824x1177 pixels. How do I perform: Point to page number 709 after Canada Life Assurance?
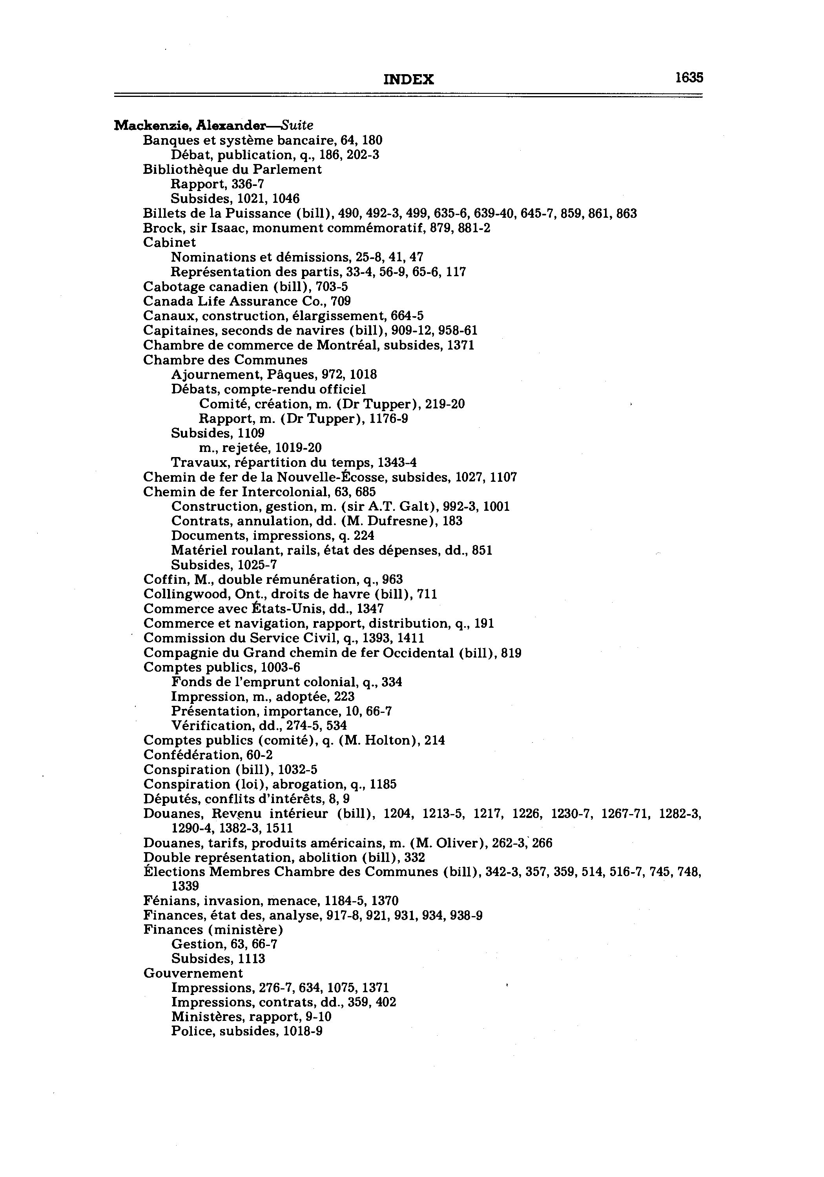[x=341, y=301]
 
